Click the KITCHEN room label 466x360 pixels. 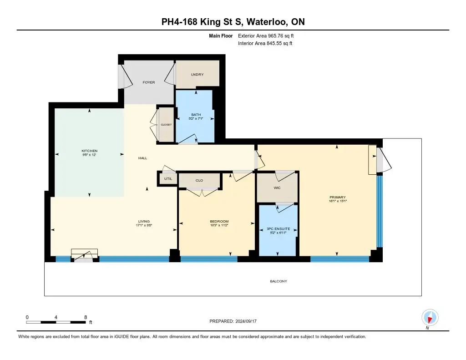(x=90, y=151)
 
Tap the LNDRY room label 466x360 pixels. (x=198, y=74)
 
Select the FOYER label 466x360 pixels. (x=149, y=82)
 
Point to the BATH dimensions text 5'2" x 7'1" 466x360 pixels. (x=196, y=118)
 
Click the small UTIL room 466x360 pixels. (x=168, y=179)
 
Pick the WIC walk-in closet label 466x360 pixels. (x=277, y=188)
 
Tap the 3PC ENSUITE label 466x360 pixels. (x=278, y=228)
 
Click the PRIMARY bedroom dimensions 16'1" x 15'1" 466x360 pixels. (x=338, y=201)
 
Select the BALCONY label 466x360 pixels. (x=279, y=281)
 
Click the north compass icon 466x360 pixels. (x=430, y=318)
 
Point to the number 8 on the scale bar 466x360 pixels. (x=86, y=317)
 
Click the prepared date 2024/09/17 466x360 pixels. (x=246, y=321)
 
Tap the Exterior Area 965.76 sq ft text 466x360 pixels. (x=266, y=35)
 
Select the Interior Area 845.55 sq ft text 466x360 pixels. (x=265, y=43)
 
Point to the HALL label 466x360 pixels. (x=142, y=158)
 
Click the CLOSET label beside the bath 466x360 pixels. (x=166, y=125)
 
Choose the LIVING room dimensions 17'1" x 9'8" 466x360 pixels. (x=144, y=225)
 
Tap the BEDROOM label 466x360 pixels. (x=219, y=221)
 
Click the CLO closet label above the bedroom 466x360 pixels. (x=199, y=180)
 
